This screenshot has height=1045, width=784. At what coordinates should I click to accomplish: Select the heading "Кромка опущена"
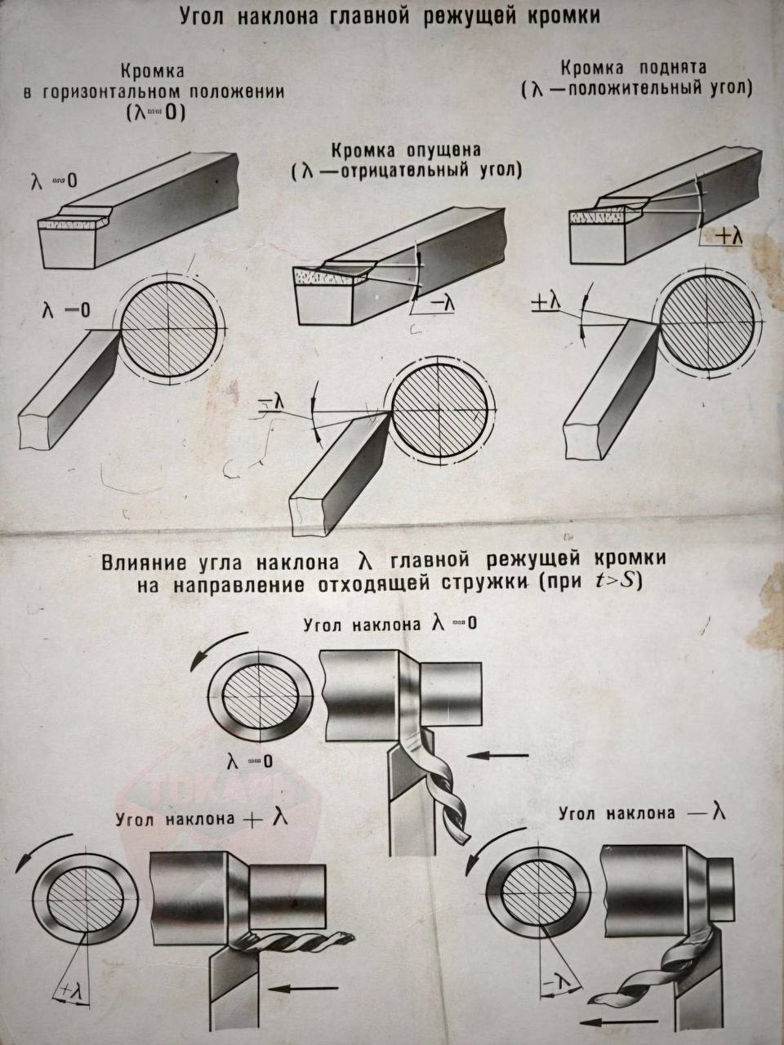click(406, 151)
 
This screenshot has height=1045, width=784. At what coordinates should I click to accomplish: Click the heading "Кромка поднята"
click(634, 67)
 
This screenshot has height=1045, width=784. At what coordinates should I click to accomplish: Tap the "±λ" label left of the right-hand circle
click(545, 302)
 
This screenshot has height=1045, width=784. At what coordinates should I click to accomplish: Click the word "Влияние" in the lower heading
click(145, 562)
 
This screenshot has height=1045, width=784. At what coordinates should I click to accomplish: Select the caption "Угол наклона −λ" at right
click(642, 813)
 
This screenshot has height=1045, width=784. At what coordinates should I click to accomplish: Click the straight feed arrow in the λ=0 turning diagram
click(501, 757)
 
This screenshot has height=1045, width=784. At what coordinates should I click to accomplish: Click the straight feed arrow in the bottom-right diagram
click(617, 1021)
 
